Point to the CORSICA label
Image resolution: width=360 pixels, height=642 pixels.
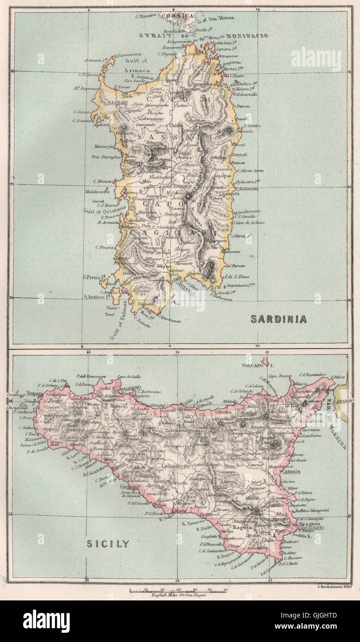point(177,16)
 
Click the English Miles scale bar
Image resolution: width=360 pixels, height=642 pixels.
point(178,590)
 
